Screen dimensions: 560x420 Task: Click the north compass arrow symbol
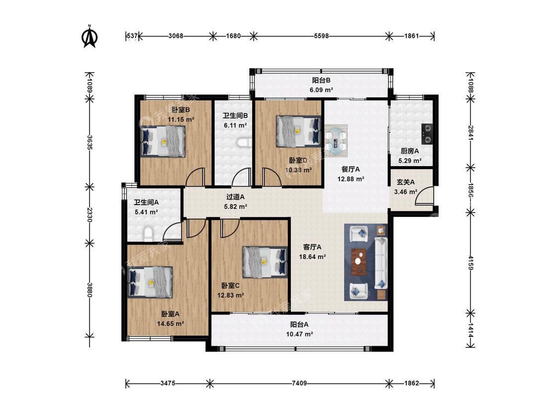(90, 36)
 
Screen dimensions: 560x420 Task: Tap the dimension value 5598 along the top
(322, 36)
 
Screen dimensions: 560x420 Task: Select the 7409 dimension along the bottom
(299, 383)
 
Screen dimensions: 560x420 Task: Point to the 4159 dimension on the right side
(471, 263)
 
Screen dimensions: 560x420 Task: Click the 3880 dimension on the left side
(90, 290)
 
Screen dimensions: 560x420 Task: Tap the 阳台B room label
(322, 80)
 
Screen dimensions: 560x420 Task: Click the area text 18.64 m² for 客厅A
(313, 256)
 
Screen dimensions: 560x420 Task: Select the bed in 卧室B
(163, 142)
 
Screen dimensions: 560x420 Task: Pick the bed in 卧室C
(265, 262)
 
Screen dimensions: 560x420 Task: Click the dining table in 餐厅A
(336, 140)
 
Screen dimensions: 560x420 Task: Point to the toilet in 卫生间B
(244, 142)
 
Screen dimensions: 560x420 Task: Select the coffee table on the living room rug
(359, 262)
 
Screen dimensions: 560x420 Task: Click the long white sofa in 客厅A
(381, 262)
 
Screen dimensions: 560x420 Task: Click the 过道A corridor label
(235, 197)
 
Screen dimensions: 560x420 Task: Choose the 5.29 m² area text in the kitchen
(410, 161)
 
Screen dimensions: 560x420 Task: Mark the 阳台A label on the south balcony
(299, 324)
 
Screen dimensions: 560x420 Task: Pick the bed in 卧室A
(150, 282)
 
